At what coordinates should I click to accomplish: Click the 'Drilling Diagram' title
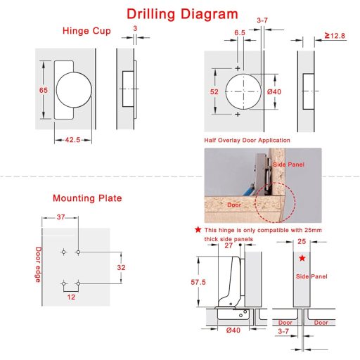tap(182, 14)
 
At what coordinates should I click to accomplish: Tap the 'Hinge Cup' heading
tap(86, 31)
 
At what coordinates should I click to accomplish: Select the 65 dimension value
tap(44, 90)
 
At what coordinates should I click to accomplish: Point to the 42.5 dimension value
tap(72, 140)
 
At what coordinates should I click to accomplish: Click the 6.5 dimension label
tap(240, 33)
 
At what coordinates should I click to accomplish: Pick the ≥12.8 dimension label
tap(335, 36)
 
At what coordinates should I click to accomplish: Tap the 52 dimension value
tap(214, 91)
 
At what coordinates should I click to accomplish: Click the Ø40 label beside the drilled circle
tap(274, 91)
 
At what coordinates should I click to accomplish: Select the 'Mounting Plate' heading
tap(87, 198)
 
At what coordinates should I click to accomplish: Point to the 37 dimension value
tap(60, 217)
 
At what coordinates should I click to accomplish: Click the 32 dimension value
tap(121, 267)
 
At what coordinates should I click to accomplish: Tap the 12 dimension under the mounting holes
tap(71, 297)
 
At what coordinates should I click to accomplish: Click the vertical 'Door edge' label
tap(38, 264)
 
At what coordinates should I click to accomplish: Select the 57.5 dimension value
tap(198, 282)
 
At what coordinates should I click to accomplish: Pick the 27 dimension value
tap(229, 245)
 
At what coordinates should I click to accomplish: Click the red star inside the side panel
tap(302, 258)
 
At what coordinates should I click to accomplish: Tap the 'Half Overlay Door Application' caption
tap(247, 140)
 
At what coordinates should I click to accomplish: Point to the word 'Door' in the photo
tap(234, 205)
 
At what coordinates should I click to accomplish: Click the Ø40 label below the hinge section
tap(233, 330)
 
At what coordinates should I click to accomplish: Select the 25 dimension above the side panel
tap(302, 241)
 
